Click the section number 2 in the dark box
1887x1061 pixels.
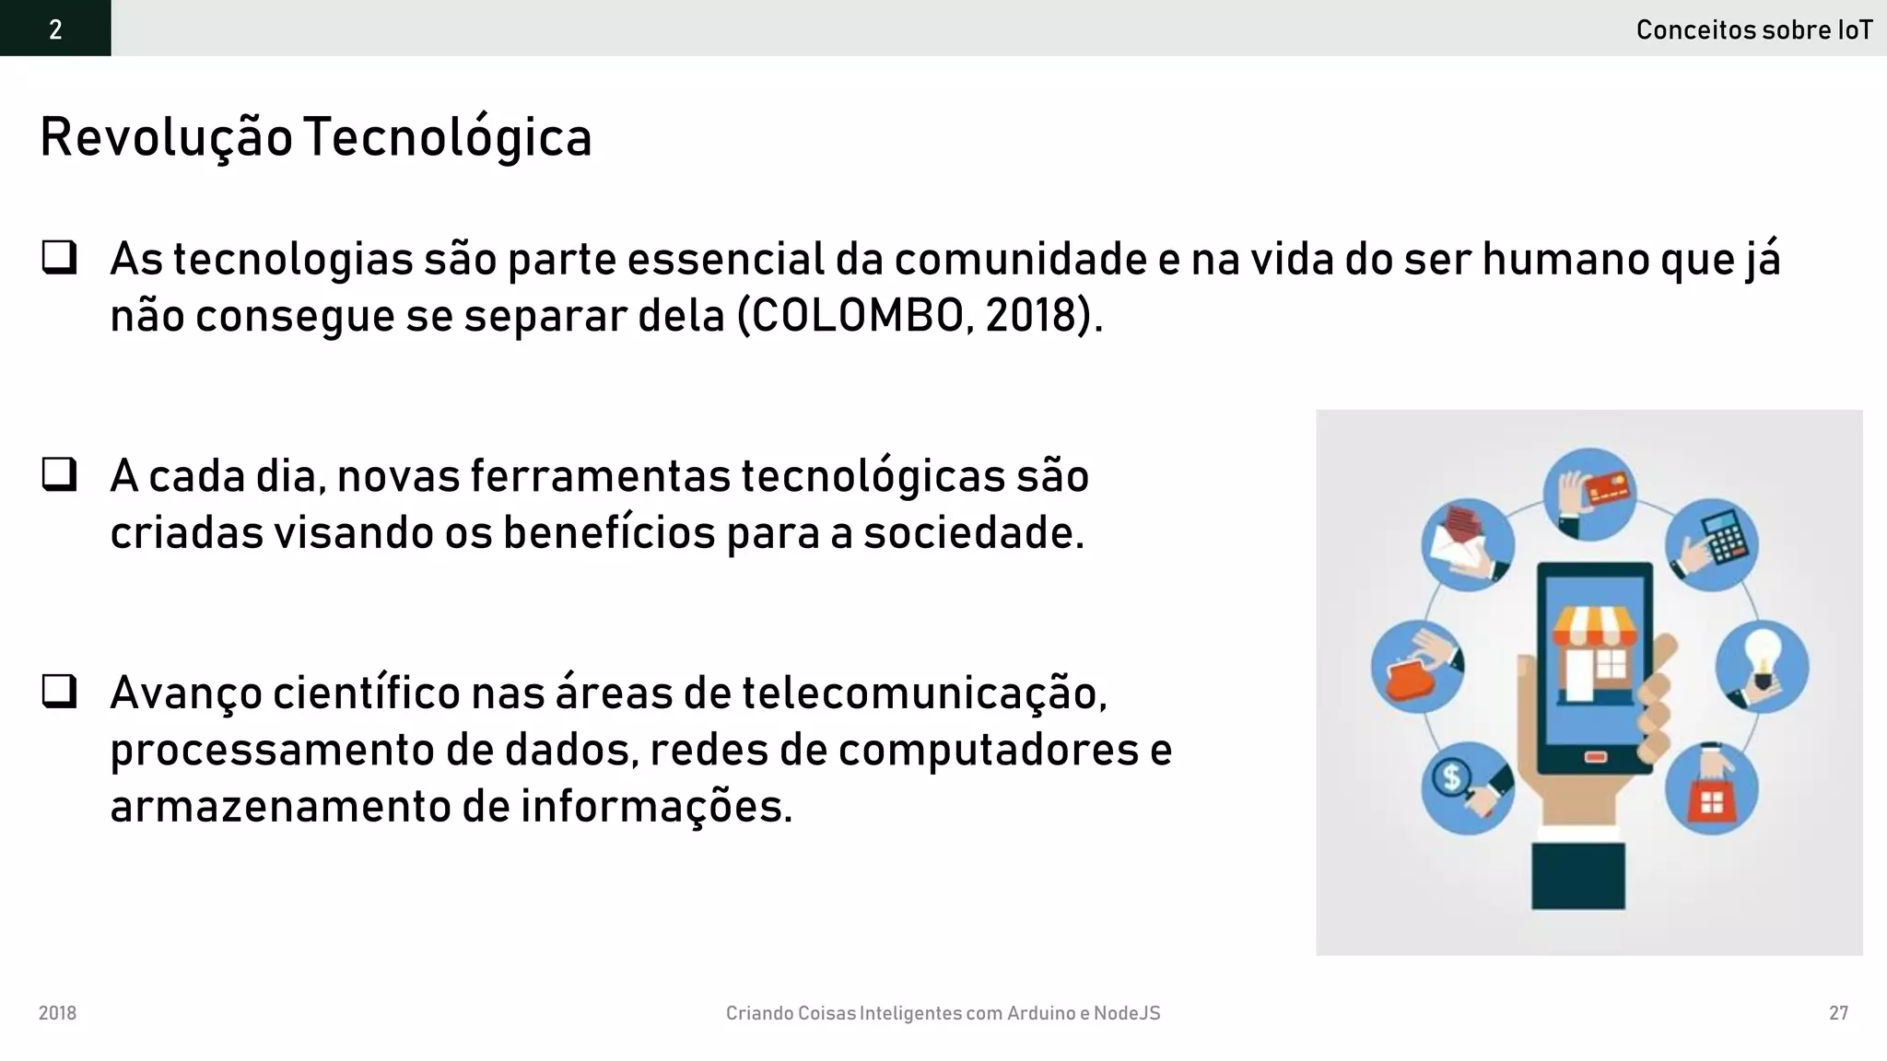click(x=55, y=29)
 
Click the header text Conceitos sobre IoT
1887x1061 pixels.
click(x=1753, y=30)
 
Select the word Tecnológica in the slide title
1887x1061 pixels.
click(x=447, y=138)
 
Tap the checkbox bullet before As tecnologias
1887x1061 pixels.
click(x=59, y=257)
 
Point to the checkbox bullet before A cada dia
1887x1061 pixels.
click(x=59, y=474)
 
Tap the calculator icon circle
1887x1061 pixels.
click(x=1712, y=544)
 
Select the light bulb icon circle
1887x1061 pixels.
click(x=1762, y=666)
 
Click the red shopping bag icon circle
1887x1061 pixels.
click(x=1711, y=789)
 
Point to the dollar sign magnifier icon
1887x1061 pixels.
click(x=1467, y=787)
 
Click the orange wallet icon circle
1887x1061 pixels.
click(x=1417, y=667)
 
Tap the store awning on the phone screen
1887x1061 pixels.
click(x=1595, y=627)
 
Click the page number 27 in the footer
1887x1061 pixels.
click(x=1838, y=1013)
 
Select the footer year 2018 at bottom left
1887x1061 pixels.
click(x=57, y=1013)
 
